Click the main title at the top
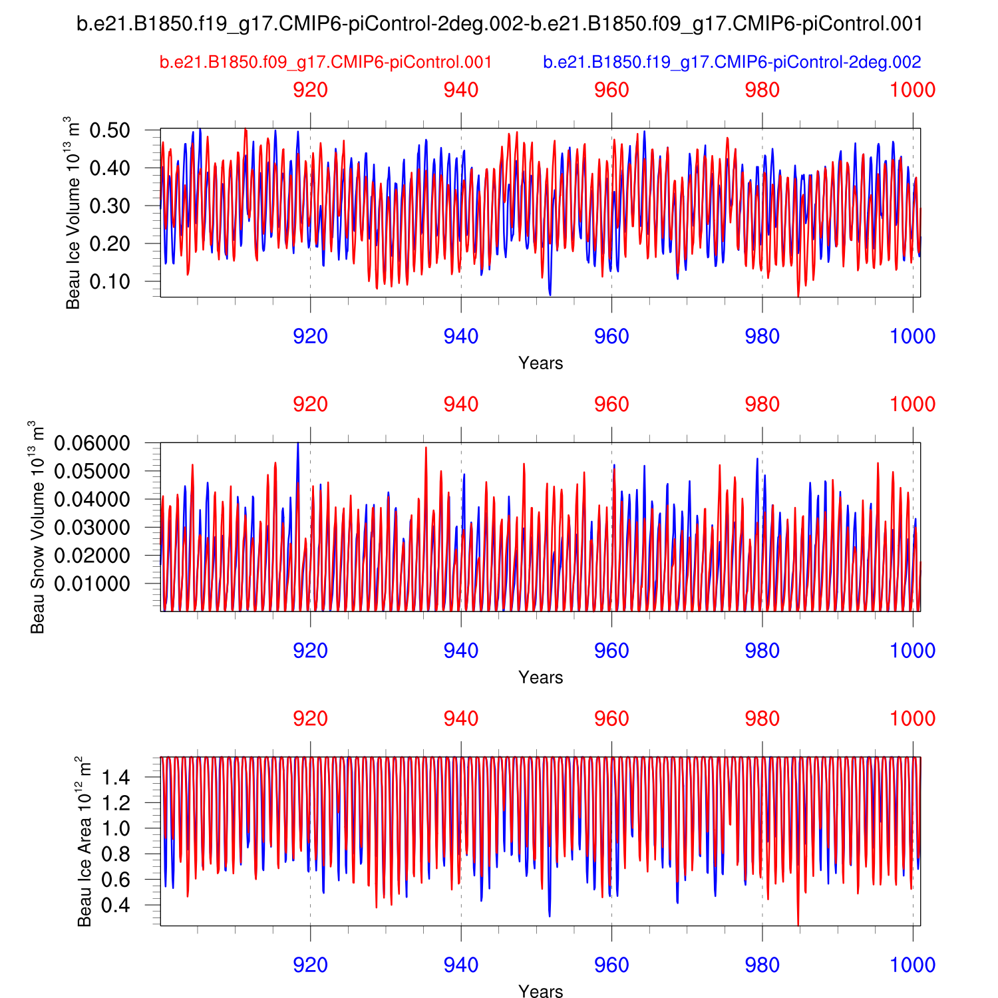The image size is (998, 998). coord(500,25)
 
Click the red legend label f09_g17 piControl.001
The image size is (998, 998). coord(325,63)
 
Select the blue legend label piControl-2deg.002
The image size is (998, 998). coord(732,63)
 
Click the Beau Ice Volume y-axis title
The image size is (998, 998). coord(73,213)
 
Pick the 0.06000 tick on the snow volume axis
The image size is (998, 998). coord(102,444)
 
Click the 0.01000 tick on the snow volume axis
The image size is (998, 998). coord(102,583)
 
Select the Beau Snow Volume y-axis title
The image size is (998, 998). coord(38,527)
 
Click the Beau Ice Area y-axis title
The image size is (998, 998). coord(85,842)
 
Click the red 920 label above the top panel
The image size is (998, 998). coord(310,90)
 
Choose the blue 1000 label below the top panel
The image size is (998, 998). coord(913,337)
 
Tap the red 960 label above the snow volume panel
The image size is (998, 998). coord(611,405)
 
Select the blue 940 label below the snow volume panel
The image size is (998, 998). coord(461,651)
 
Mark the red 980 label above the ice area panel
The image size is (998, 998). coord(762,719)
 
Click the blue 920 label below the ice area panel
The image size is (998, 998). coord(310,965)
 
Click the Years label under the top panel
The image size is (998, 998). coord(540,363)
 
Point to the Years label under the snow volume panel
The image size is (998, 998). coord(540,677)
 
